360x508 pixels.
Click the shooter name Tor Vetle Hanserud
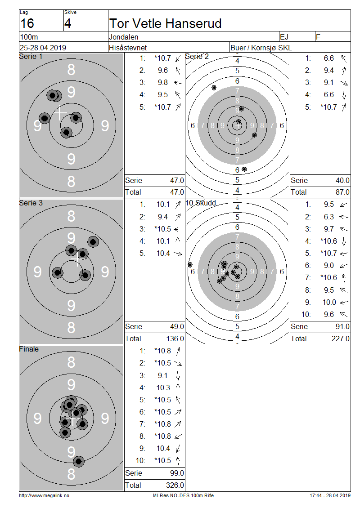(x=166, y=24)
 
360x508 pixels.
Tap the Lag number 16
(x=27, y=24)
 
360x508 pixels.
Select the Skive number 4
(x=67, y=24)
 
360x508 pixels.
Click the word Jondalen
(x=124, y=37)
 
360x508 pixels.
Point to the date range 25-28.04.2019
(x=43, y=48)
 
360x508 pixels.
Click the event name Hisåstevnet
(x=128, y=48)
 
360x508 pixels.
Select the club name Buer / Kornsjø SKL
(x=261, y=48)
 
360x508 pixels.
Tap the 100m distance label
(x=29, y=37)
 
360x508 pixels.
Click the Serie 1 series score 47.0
(x=177, y=180)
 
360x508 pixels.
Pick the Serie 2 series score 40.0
(x=342, y=180)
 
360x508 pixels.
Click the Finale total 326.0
(x=175, y=485)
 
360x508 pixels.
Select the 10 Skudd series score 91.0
(x=342, y=326)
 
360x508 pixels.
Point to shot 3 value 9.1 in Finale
(x=163, y=375)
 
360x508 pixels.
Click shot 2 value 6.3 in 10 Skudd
(x=329, y=217)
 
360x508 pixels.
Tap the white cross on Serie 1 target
(x=60, y=113)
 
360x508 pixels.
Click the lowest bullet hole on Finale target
(x=78, y=461)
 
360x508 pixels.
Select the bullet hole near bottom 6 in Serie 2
(x=244, y=169)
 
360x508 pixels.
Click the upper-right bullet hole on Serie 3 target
(x=93, y=242)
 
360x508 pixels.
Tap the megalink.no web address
(x=44, y=495)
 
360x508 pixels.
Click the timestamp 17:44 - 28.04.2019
(x=330, y=495)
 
